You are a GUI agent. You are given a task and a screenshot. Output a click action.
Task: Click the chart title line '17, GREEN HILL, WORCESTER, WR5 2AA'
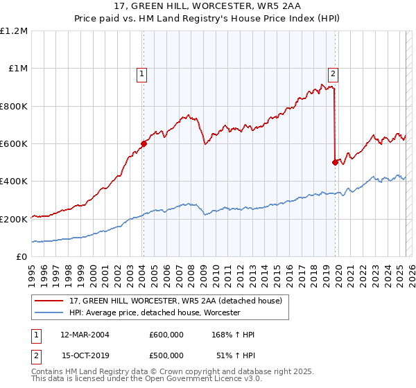click(208, 8)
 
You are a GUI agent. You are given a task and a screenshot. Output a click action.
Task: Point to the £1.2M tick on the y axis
click(14, 31)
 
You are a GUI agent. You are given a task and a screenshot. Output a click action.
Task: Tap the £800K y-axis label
click(14, 106)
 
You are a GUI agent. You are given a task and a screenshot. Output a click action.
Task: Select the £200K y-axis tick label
click(14, 219)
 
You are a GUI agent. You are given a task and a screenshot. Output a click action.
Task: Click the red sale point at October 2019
click(335, 163)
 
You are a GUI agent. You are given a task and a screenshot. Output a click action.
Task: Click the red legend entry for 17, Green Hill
click(175, 301)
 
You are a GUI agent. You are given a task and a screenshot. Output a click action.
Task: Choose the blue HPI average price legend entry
click(154, 313)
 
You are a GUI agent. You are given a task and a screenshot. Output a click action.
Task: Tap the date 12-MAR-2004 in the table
click(85, 335)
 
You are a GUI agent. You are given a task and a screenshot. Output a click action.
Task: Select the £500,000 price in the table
click(166, 355)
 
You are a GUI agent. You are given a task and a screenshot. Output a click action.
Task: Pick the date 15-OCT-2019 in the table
click(85, 355)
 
